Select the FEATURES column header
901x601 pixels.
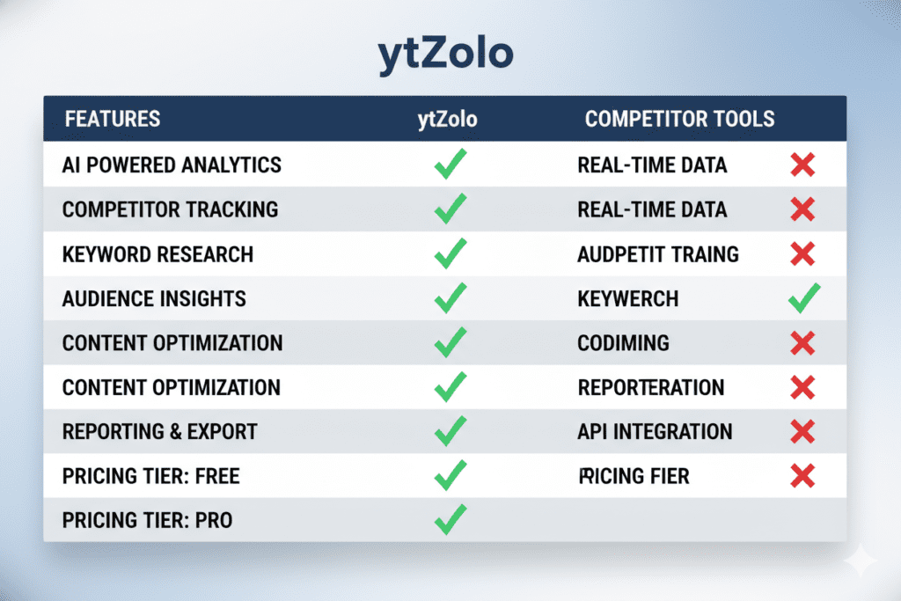[111, 119]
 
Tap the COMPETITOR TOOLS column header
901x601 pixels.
[679, 119]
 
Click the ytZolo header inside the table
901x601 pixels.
[447, 119]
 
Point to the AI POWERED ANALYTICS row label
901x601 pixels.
[172, 165]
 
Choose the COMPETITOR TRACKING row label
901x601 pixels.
[170, 209]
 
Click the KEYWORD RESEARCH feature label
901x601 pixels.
[157, 254]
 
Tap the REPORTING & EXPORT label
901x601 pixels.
[159, 432]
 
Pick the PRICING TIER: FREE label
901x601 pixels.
[150, 477]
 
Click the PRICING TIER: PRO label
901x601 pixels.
[147, 521]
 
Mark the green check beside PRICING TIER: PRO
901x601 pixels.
[450, 520]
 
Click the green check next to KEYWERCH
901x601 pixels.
[802, 298]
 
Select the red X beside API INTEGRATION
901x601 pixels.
[802, 431]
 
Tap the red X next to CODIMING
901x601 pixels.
[802, 342]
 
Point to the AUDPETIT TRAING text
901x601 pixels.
[657, 254]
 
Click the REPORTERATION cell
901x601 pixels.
[650, 387]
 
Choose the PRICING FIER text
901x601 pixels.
[634, 477]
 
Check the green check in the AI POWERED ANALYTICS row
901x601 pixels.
[450, 165]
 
